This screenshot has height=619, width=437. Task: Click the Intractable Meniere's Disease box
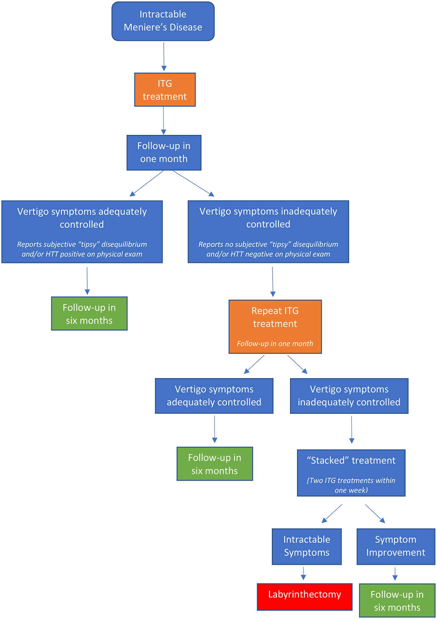163,21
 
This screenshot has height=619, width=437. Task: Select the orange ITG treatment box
165,90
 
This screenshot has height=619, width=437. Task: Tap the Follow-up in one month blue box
164,153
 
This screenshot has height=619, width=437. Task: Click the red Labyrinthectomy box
304,597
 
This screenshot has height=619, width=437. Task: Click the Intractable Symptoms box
307,546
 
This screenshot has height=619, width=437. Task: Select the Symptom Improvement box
396,546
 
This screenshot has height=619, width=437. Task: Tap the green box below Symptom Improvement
397,601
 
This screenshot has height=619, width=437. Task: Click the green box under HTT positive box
89,314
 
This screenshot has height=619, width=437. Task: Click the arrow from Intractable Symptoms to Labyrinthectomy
303,573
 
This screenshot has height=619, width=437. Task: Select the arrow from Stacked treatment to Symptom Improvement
375,513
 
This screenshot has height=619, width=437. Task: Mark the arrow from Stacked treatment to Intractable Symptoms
332,514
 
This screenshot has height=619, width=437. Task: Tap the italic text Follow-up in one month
275,344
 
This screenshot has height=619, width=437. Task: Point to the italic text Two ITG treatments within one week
351,485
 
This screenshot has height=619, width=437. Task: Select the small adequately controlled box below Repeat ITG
214,396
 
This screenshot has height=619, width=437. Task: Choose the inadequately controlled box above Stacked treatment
349,396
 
